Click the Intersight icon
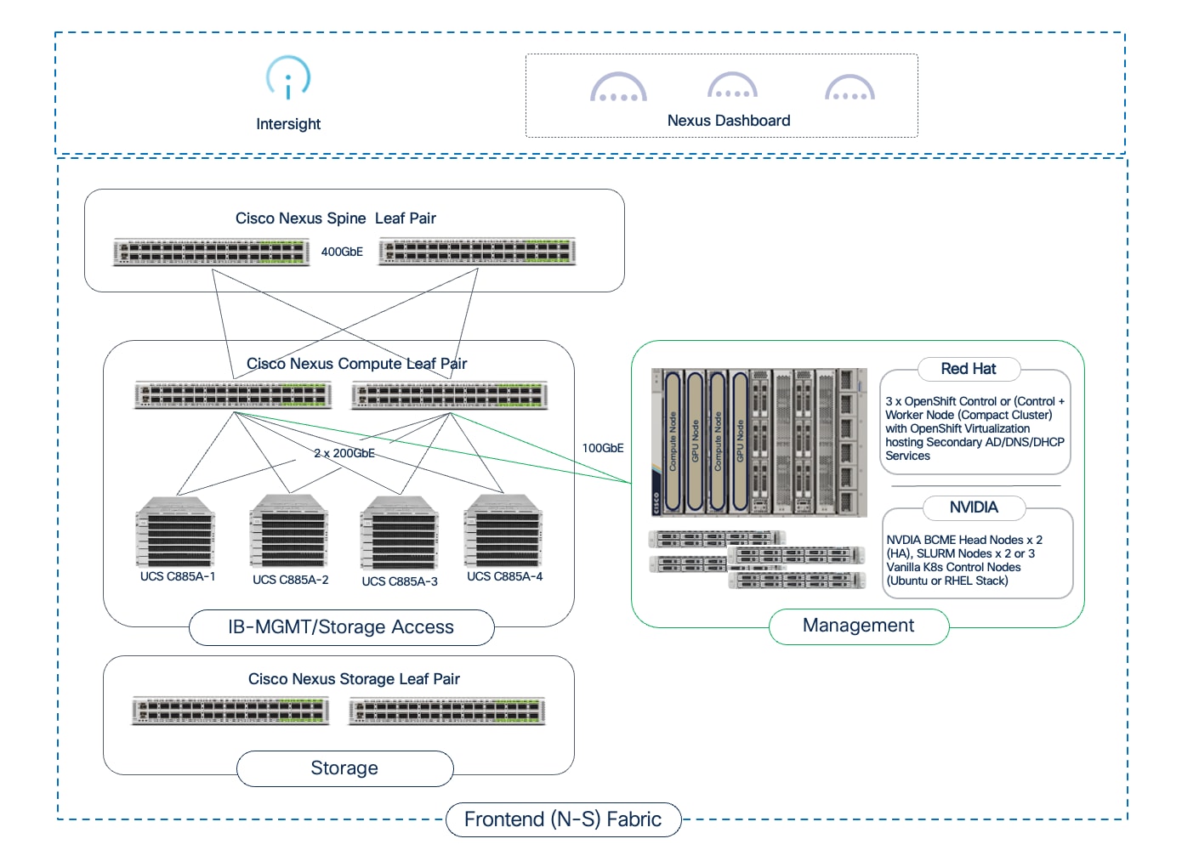click(288, 78)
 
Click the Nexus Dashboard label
click(729, 121)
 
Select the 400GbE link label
click(342, 252)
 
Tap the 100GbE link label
click(603, 448)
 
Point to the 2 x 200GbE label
click(344, 453)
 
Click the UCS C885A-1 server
click(176, 532)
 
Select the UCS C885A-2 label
click(290, 580)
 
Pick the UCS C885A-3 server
click(400, 533)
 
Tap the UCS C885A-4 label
click(504, 576)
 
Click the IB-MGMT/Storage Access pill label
click(341, 627)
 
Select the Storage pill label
click(344, 768)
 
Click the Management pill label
click(858, 626)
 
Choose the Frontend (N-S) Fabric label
click(563, 819)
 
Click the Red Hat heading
click(968, 369)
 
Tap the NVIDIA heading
click(974, 507)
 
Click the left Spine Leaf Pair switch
click(212, 252)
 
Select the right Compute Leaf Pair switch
click(450, 395)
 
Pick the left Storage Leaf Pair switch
click(230, 711)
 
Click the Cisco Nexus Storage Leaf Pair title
click(354, 679)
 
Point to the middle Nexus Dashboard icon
click(732, 87)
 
